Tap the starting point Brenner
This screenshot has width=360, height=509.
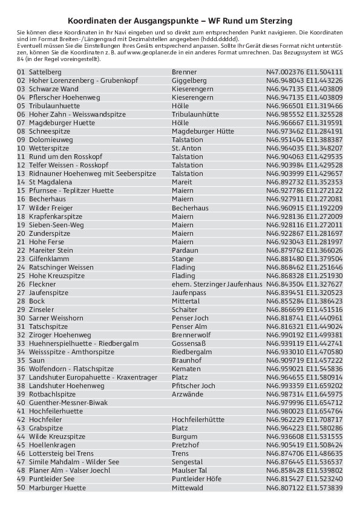click(x=184, y=72)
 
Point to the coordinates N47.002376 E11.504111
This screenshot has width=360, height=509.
click(x=304, y=72)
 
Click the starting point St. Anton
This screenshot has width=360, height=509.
click(x=186, y=148)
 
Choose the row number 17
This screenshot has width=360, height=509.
click(x=21, y=208)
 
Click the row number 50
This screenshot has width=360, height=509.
click(x=21, y=488)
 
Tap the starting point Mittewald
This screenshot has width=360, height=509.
click(x=188, y=488)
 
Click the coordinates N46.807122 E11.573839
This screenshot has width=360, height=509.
click(x=304, y=488)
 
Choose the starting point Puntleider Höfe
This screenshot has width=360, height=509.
click(x=197, y=479)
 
